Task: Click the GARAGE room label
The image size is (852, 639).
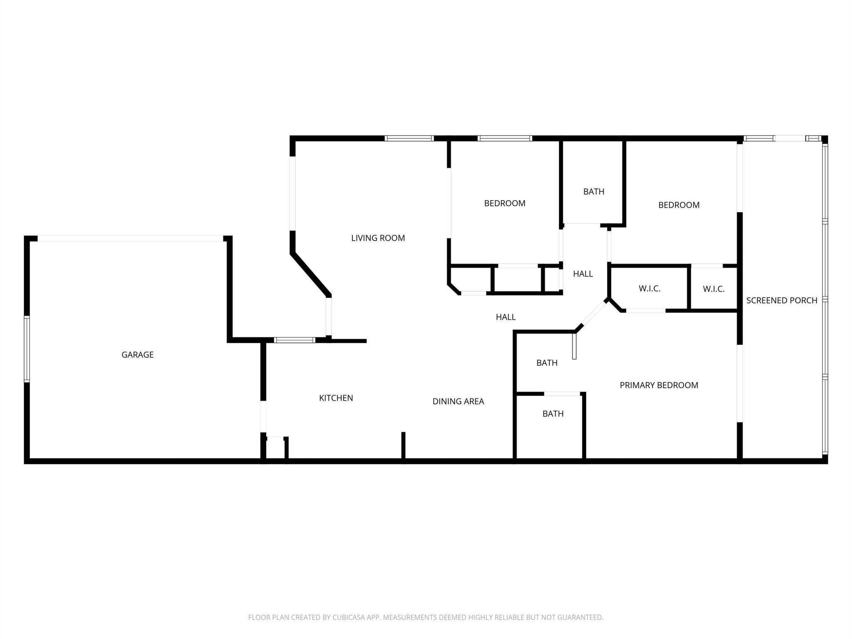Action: tap(137, 355)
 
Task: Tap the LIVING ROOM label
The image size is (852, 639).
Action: tap(378, 238)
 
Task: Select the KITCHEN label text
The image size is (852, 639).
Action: tap(336, 398)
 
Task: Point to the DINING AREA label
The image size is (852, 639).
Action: tap(458, 401)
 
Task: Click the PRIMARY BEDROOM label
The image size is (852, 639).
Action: tap(659, 385)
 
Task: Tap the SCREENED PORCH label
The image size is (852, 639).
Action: tap(781, 300)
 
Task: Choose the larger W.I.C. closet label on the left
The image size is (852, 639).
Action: tap(649, 289)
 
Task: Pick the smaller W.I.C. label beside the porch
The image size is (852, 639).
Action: tap(713, 289)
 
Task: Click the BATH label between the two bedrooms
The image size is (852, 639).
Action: tap(593, 192)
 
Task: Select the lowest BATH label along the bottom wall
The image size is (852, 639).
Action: tap(552, 414)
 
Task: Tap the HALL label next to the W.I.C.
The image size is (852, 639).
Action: tap(582, 274)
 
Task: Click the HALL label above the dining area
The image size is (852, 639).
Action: tap(505, 317)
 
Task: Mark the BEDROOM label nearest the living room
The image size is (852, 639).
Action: tap(504, 203)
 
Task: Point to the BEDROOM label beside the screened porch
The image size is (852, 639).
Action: tap(679, 205)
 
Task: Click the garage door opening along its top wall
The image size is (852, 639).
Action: tap(130, 239)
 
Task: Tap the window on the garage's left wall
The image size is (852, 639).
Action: tap(27, 349)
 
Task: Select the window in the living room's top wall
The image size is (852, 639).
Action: tap(409, 139)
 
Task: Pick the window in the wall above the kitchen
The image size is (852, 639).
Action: tap(295, 340)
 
